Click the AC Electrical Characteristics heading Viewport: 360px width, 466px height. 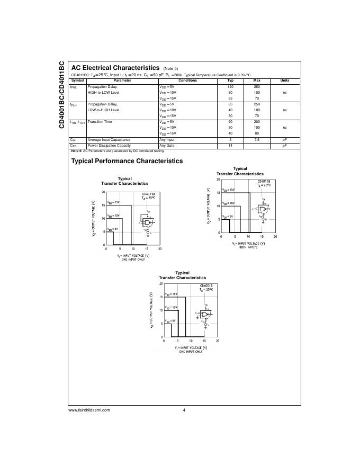point(115,68)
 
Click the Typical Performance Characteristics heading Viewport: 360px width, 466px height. point(127,161)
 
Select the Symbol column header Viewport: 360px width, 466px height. point(77,80)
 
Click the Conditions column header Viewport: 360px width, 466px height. point(187,80)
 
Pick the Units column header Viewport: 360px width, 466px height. point(284,80)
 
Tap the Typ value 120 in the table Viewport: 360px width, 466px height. point(230,86)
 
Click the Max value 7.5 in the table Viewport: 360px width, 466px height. point(257,139)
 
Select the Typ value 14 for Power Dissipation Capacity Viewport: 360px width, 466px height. point(230,145)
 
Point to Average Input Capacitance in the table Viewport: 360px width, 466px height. point(109,139)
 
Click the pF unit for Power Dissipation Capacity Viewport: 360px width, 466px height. point(284,145)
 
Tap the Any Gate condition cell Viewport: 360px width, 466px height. point(167,145)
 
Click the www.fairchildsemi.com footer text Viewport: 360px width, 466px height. point(89,410)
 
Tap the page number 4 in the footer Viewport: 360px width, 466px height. point(184,410)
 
